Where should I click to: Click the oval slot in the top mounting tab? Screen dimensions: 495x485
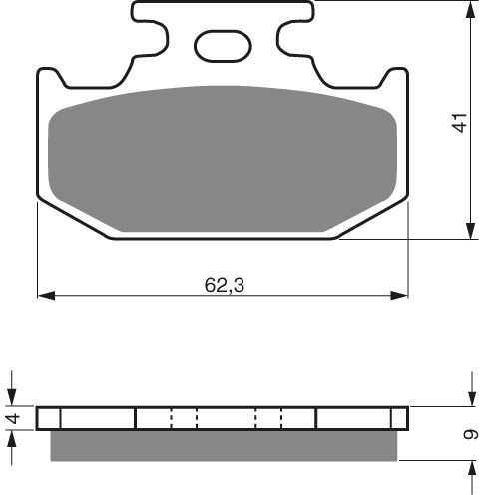tap(223, 45)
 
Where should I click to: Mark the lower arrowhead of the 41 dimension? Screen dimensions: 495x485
tap(469, 232)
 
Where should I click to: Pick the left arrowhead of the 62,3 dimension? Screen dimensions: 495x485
tap(44, 295)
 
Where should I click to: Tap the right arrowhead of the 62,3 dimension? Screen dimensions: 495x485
tap(402, 295)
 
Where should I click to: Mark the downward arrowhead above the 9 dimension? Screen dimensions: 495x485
tap(470, 398)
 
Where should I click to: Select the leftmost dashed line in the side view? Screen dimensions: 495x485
tap(172, 417)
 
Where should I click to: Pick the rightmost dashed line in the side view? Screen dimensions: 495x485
tap(282, 417)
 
